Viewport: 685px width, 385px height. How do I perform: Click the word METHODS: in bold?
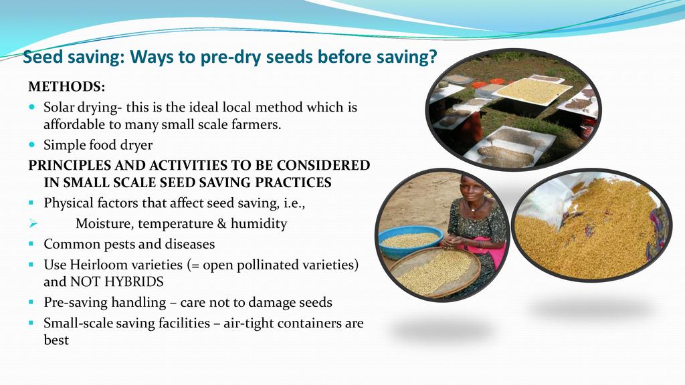(x=67, y=86)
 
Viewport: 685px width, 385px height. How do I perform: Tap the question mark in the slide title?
(x=432, y=57)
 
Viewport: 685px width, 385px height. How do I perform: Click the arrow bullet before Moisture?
(x=33, y=223)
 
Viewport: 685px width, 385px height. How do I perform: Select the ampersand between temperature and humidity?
(x=222, y=223)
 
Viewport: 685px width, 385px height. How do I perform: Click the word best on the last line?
(x=56, y=340)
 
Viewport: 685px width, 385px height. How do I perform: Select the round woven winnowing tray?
(x=435, y=271)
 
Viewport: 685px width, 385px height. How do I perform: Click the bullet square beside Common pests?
(x=31, y=244)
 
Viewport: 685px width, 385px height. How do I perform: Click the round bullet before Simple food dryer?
(x=31, y=144)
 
